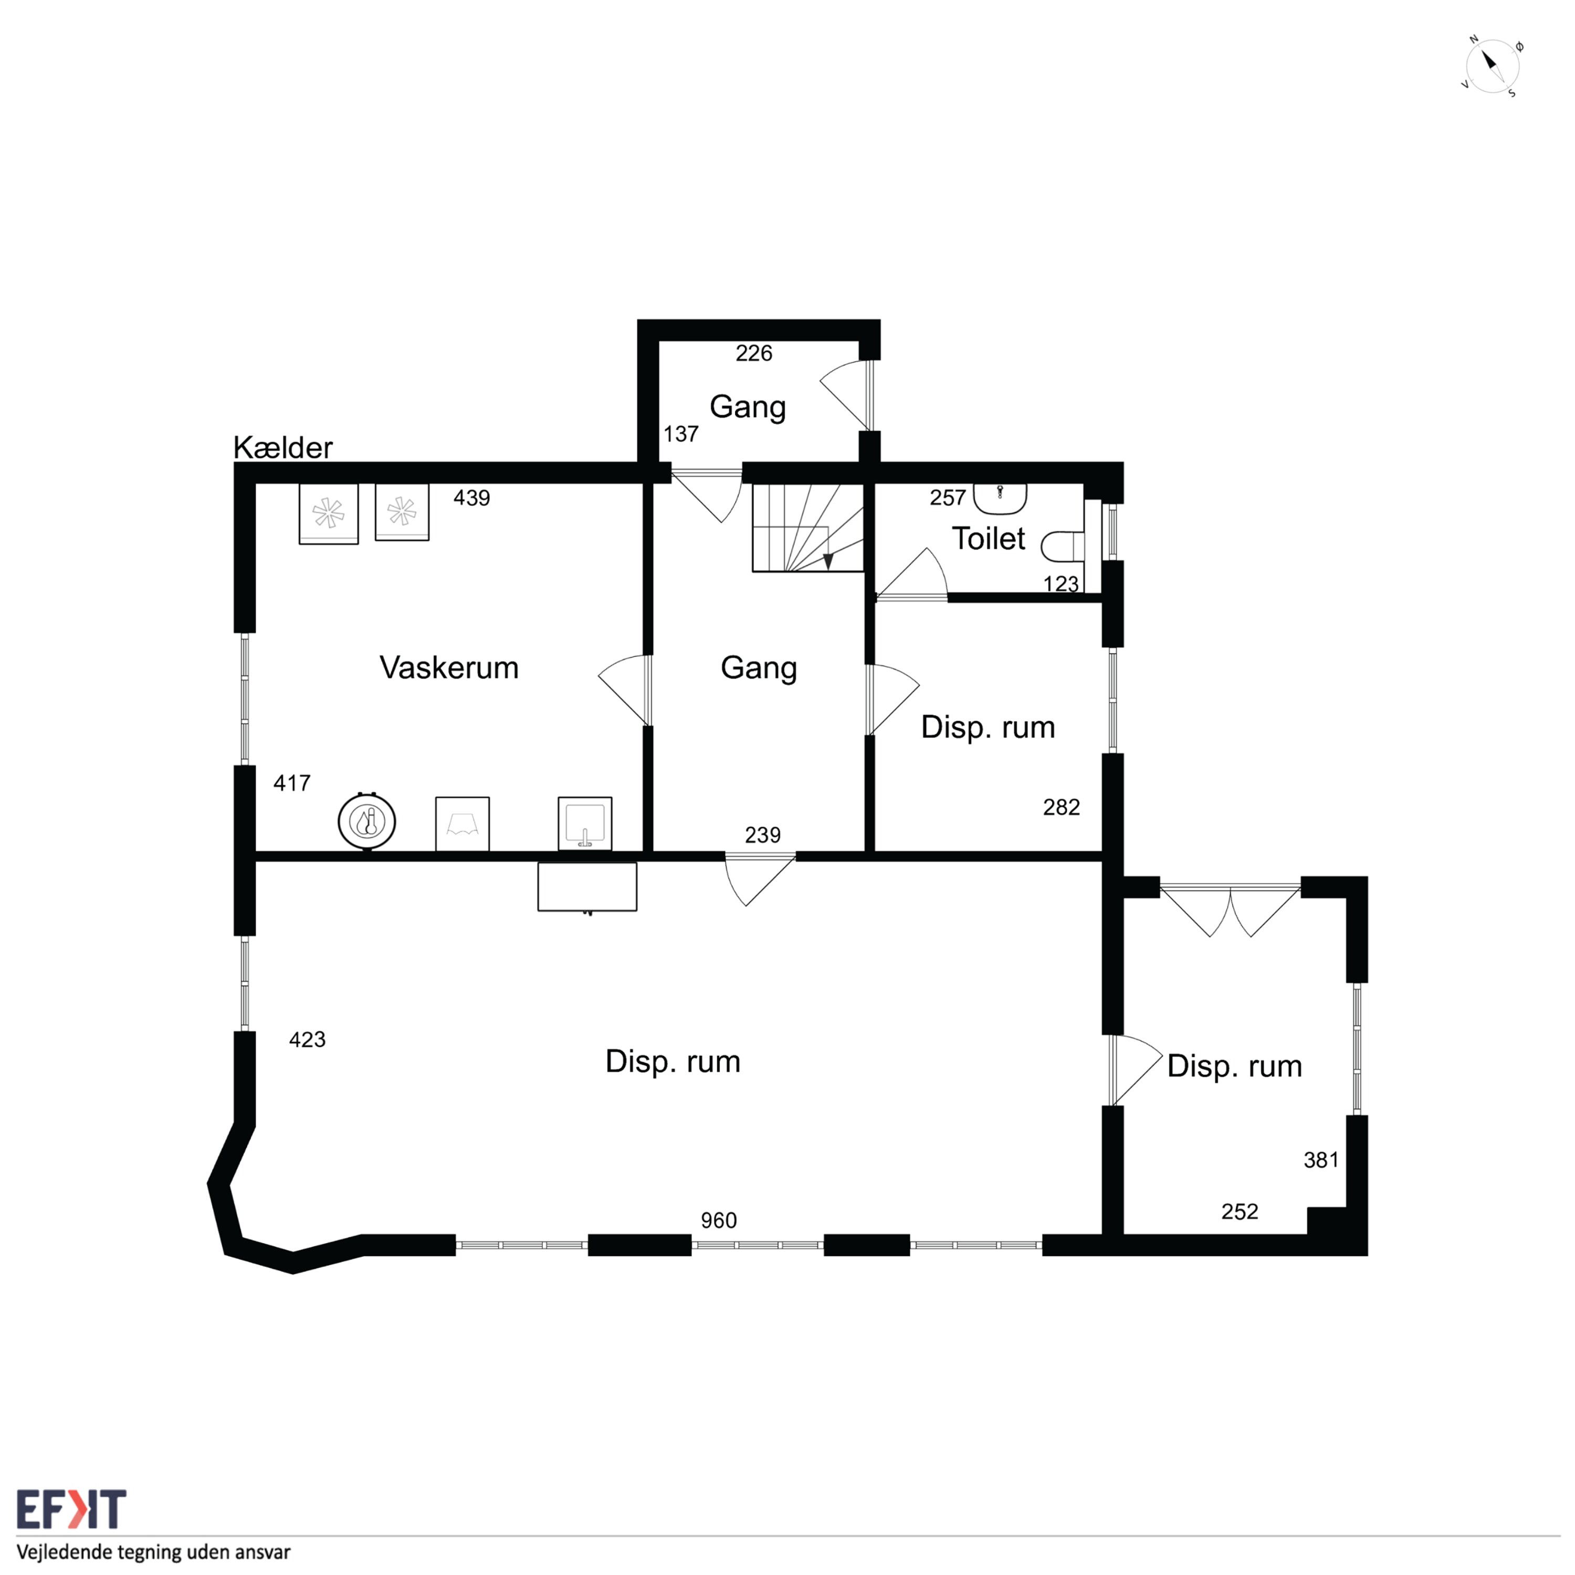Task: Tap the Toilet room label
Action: point(988,539)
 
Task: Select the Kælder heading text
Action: point(283,447)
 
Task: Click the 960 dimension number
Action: point(718,1221)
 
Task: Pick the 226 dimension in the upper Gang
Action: point(753,353)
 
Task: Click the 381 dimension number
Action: point(1321,1160)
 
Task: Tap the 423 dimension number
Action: point(307,1039)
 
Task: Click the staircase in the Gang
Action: point(807,528)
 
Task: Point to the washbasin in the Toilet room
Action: point(1000,498)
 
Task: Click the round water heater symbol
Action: point(367,821)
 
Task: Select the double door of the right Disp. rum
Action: point(1230,910)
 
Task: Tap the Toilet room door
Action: point(911,575)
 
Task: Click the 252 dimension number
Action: point(1239,1211)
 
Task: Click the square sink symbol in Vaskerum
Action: point(584,823)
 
